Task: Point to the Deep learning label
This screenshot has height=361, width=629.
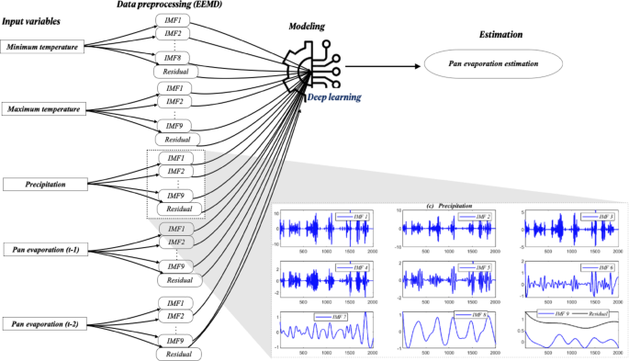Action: (x=333, y=96)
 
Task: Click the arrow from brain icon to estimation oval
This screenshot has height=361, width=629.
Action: (x=381, y=65)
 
